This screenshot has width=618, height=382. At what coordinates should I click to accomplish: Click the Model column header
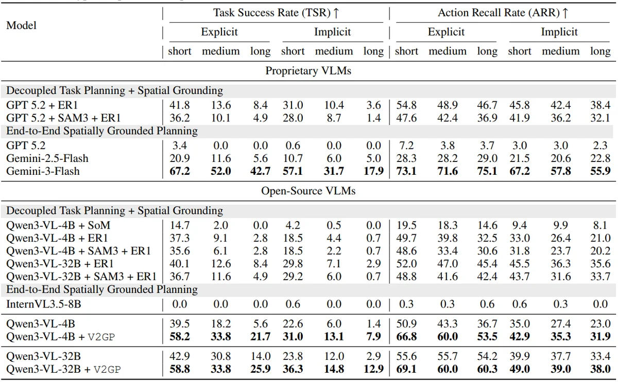tap(22, 25)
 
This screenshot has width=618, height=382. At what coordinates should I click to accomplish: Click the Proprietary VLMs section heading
tap(308, 71)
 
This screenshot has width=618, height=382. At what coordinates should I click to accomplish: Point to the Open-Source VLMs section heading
tap(308, 191)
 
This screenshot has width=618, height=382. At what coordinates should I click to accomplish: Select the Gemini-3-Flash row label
tap(43, 171)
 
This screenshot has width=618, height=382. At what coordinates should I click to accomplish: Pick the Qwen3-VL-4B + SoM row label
tap(58, 225)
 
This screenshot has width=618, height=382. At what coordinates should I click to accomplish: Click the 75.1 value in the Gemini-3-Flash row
tap(487, 171)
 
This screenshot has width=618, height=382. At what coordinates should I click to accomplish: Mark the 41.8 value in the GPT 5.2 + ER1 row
tap(179, 105)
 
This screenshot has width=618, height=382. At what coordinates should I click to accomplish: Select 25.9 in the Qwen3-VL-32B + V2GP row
tap(260, 369)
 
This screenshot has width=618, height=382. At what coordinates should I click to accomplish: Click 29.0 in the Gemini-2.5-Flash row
tap(487, 158)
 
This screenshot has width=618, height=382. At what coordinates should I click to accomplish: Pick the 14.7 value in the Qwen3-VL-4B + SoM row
tap(179, 225)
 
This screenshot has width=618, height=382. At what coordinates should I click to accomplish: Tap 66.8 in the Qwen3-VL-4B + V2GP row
tap(406, 337)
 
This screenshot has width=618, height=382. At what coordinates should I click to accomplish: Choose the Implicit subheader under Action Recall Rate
tap(559, 32)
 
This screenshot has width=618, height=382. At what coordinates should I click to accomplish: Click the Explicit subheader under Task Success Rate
tap(219, 32)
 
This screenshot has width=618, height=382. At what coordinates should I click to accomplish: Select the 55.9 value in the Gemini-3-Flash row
tap(600, 171)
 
